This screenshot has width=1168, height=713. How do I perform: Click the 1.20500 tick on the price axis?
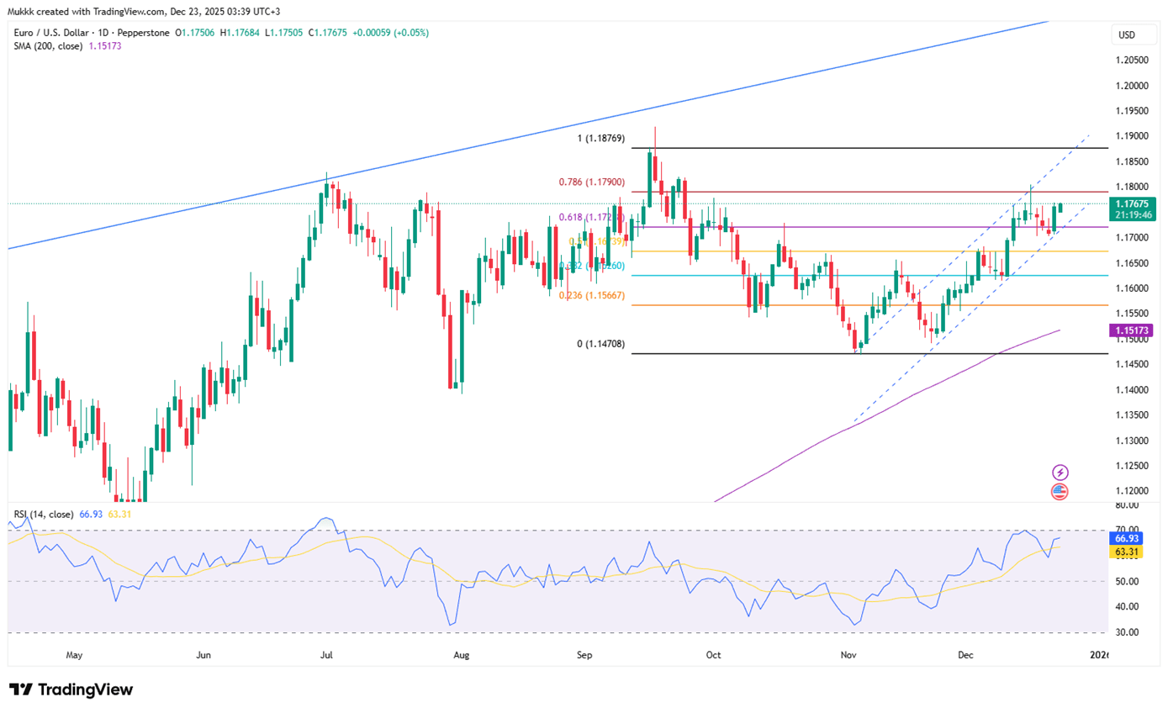coord(1133,61)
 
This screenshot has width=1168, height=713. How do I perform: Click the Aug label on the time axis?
coord(460,653)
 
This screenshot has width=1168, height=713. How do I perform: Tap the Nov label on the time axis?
coord(848,653)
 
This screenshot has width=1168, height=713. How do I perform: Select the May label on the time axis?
coord(74,653)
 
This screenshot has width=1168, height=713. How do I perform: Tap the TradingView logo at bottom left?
coord(71,689)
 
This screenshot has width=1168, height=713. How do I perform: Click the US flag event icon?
coord(1060,492)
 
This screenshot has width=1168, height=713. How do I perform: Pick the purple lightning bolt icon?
coord(1060,473)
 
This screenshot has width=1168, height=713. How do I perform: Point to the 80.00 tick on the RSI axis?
coord(1127,505)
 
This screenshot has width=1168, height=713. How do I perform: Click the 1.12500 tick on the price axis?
coord(1133,466)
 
